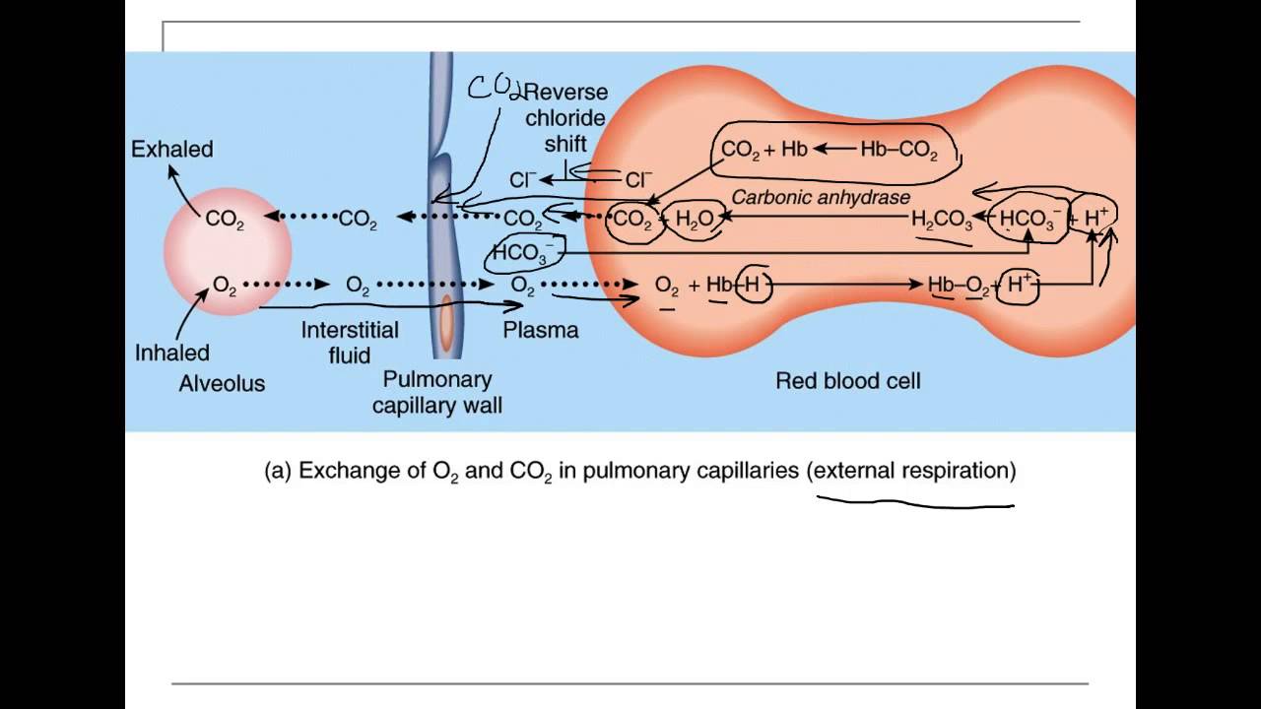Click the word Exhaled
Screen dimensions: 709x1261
coord(172,150)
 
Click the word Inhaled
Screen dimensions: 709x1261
coord(172,353)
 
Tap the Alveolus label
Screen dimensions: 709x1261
coord(222,384)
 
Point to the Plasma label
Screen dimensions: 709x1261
coord(540,331)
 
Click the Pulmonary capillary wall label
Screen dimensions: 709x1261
coord(436,392)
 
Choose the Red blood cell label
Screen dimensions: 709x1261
coord(847,381)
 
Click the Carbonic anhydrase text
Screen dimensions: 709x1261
coord(821,197)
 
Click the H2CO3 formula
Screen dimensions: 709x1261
coord(942,221)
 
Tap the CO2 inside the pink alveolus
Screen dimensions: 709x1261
coord(225,220)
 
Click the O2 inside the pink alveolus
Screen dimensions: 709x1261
coord(225,286)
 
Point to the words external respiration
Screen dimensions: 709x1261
coord(911,471)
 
